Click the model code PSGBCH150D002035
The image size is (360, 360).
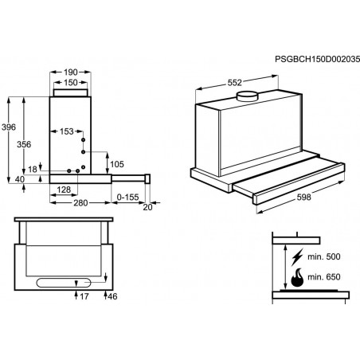317,59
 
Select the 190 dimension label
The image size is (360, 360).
71,72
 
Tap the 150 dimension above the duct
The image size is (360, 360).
71,83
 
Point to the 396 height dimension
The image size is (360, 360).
9,127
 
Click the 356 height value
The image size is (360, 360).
24,144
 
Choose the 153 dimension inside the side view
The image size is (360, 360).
66,131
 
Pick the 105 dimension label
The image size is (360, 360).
117,164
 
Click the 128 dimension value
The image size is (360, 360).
64,190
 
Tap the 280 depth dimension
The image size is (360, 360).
80,203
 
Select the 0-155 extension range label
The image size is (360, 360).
128,198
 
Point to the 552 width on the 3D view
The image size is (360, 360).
235,83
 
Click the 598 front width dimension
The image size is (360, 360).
303,198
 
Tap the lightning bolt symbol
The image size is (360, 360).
297,257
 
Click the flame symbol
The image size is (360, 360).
297,277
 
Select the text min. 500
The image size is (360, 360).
324,256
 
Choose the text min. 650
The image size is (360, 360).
324,277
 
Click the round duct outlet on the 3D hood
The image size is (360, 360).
247,96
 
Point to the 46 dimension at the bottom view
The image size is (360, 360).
112,296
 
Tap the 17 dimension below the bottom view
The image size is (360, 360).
84,296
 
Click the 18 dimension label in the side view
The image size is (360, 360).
33,170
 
